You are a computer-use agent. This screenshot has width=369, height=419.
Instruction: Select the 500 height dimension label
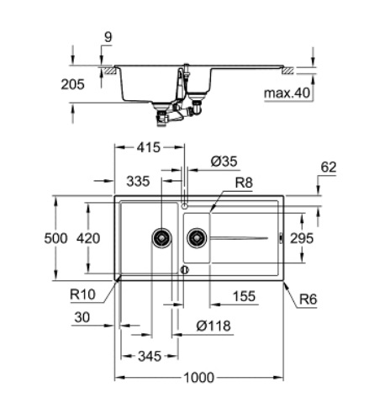(55, 239)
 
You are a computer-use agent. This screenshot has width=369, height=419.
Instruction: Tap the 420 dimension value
(87, 239)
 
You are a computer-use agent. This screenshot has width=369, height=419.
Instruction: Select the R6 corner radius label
(308, 296)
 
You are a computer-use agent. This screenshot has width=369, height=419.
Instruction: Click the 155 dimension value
(245, 296)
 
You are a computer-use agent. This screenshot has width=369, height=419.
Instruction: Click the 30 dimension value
(81, 316)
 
